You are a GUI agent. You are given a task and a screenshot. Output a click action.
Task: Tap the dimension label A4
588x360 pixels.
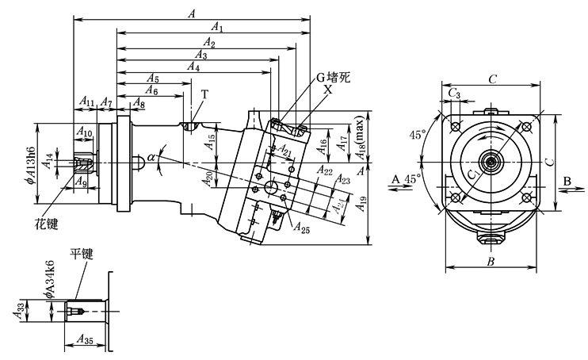193,67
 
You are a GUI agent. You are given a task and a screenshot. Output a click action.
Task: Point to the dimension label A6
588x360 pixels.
151,91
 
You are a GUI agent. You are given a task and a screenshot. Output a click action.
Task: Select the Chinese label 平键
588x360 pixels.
82,255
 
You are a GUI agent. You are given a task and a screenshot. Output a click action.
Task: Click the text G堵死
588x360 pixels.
334,78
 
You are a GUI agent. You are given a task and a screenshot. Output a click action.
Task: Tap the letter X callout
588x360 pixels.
327,90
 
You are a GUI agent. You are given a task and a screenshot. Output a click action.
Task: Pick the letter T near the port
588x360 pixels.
204,94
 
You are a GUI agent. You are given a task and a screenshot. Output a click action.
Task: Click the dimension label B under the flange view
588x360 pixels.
491,260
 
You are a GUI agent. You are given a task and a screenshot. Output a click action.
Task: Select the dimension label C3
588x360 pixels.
453,94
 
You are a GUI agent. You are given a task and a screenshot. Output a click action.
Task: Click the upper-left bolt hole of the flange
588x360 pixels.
455,125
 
